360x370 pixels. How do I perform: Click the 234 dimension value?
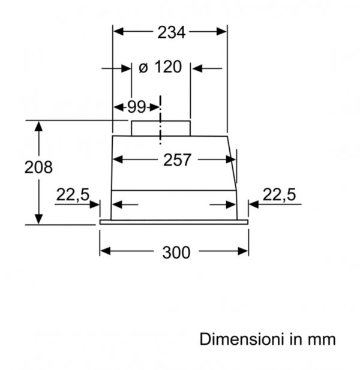pos(172,32)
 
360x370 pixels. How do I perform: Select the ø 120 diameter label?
pos(160,67)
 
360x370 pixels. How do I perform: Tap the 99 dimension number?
pos(137,107)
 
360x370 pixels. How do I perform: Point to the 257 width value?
pos(177,160)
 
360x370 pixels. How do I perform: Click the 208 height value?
pos(38,167)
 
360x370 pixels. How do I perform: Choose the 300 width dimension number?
pos(176,252)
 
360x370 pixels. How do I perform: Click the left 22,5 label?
pos(73,195)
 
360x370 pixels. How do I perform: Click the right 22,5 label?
pos(279,195)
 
